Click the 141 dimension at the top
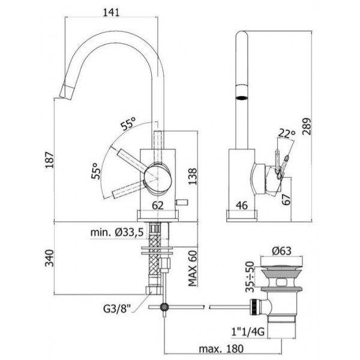pyautogui.click(x=111, y=12)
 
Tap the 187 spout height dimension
pyautogui.click(x=50, y=160)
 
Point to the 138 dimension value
pyautogui.click(x=193, y=176)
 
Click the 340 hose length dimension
pyautogui.click(x=49, y=258)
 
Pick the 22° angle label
pyautogui.click(x=287, y=133)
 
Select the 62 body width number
pyautogui.click(x=158, y=205)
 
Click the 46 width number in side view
pyautogui.click(x=242, y=205)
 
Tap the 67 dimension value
pyautogui.click(x=286, y=200)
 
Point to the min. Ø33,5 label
pyautogui.click(x=117, y=232)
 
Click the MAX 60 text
pyautogui.click(x=193, y=268)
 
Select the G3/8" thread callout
pyautogui.click(x=117, y=308)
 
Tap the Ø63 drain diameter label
pyautogui.click(x=281, y=251)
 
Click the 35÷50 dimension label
pyautogui.click(x=250, y=277)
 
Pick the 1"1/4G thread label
pyautogui.click(x=247, y=332)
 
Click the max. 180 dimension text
pyautogui.click(x=221, y=349)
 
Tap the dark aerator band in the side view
pyautogui.click(x=242, y=98)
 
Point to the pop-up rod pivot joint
pyautogui.click(x=164, y=307)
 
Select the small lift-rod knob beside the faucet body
pyautogui.click(x=182, y=202)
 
